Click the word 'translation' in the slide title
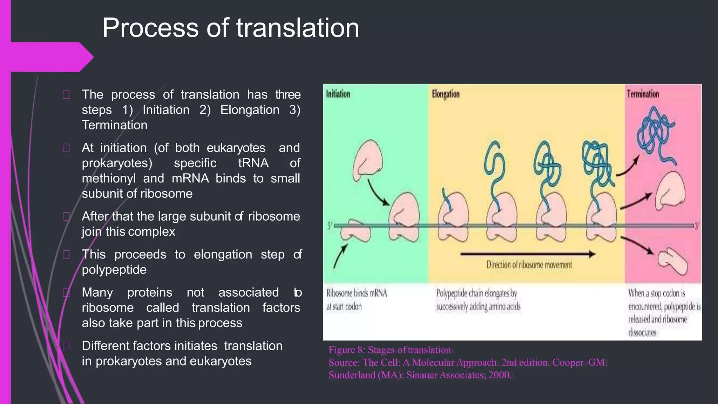coord(298,28)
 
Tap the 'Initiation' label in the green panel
coord(338,94)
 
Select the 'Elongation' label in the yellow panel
coord(446,94)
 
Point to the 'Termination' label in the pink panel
coord(643,94)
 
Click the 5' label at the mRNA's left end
coord(330,226)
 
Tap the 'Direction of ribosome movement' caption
coord(529,265)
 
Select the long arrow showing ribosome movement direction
coord(528,254)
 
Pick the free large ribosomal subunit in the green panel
coord(367,160)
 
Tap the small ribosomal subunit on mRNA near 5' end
coord(355,230)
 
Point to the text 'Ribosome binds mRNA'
coord(357,293)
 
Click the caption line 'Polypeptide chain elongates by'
coord(476,293)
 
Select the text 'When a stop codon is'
coord(656,293)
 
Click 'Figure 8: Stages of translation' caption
coord(390,350)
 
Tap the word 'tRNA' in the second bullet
coord(253,163)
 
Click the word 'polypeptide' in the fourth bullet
coord(114,270)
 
